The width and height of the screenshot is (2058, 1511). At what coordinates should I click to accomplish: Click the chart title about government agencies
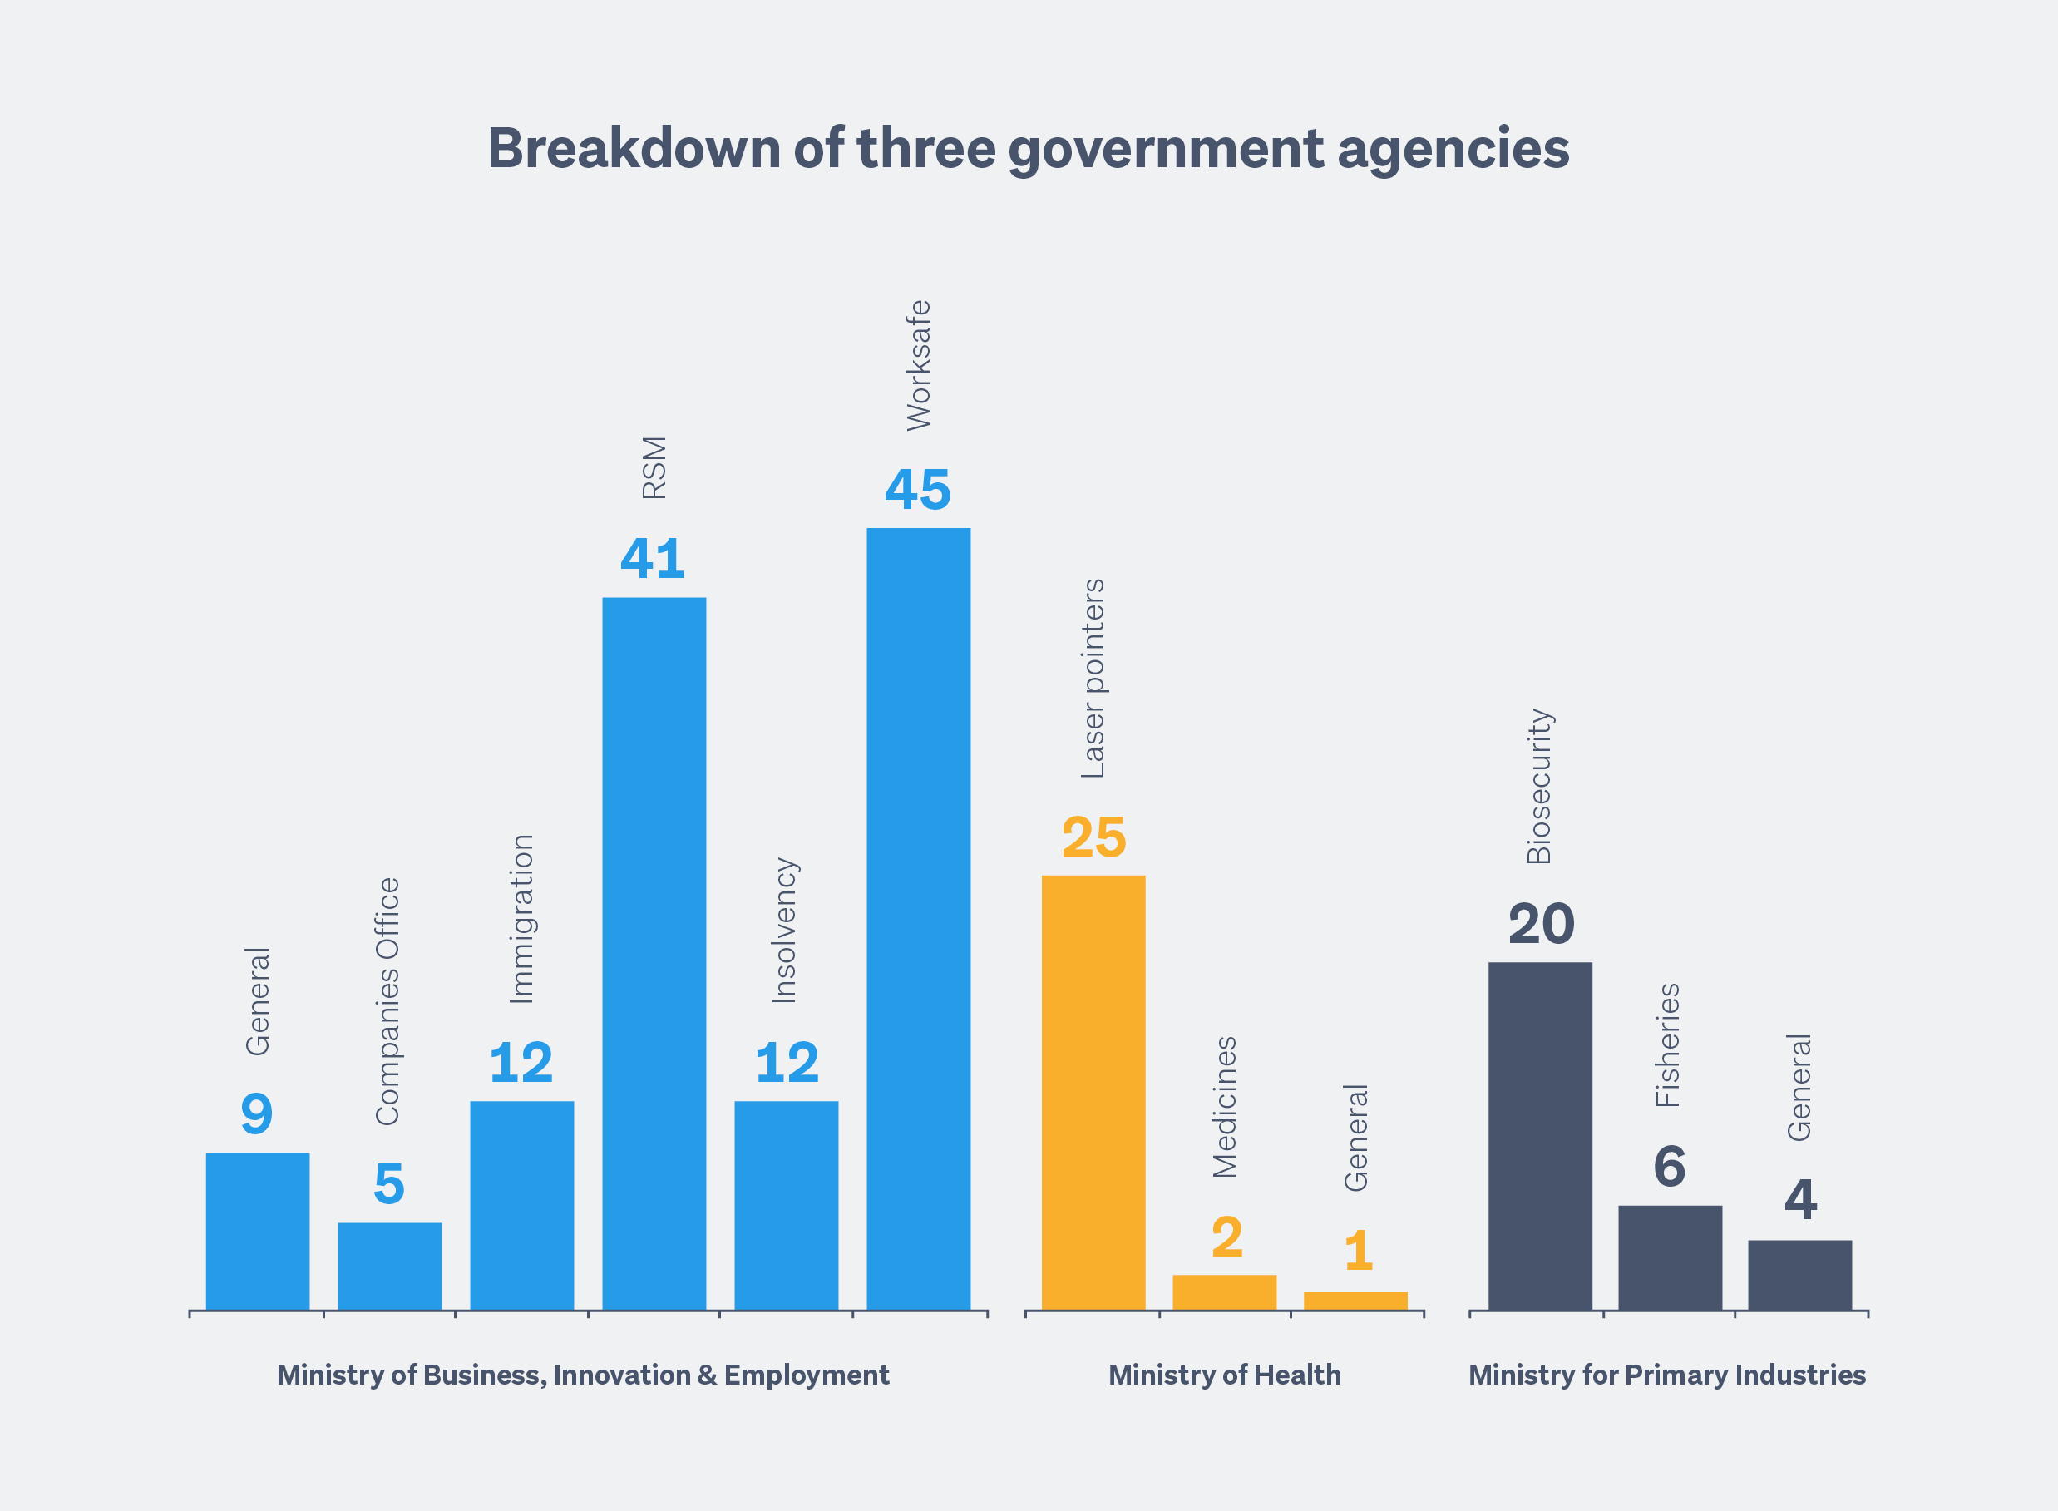point(1028,148)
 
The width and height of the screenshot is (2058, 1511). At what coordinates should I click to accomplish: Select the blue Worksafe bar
point(918,918)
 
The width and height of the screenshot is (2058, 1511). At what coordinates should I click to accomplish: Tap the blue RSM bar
point(654,953)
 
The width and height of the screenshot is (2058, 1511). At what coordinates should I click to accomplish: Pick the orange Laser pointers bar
point(1093,1092)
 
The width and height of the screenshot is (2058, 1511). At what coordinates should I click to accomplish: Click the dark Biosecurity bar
point(1540,1136)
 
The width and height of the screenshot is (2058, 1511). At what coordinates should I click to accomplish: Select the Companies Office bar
point(390,1266)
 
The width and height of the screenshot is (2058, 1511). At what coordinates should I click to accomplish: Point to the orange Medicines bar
point(1224,1291)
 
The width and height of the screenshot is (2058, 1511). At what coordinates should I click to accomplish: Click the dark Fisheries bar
point(1671,1257)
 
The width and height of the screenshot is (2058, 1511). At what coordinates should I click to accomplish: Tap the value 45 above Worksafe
point(917,491)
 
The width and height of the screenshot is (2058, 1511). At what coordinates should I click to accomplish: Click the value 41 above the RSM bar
point(652,559)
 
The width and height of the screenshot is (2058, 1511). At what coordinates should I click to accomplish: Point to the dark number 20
point(1542,925)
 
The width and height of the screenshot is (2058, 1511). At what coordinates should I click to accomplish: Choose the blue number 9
point(257,1114)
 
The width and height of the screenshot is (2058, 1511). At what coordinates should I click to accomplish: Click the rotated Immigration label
point(521,919)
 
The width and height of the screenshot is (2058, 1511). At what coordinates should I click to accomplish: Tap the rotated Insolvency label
point(785,931)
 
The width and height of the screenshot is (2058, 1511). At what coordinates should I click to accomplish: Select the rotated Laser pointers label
point(1093,679)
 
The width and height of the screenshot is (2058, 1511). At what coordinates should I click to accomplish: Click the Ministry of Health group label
point(1225,1375)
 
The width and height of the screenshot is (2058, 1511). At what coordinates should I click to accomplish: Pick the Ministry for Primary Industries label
point(1666,1375)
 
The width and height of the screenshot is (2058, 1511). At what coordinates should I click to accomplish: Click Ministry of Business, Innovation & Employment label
point(583,1375)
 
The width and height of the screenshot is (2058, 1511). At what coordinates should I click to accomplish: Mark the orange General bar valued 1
point(1355,1301)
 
